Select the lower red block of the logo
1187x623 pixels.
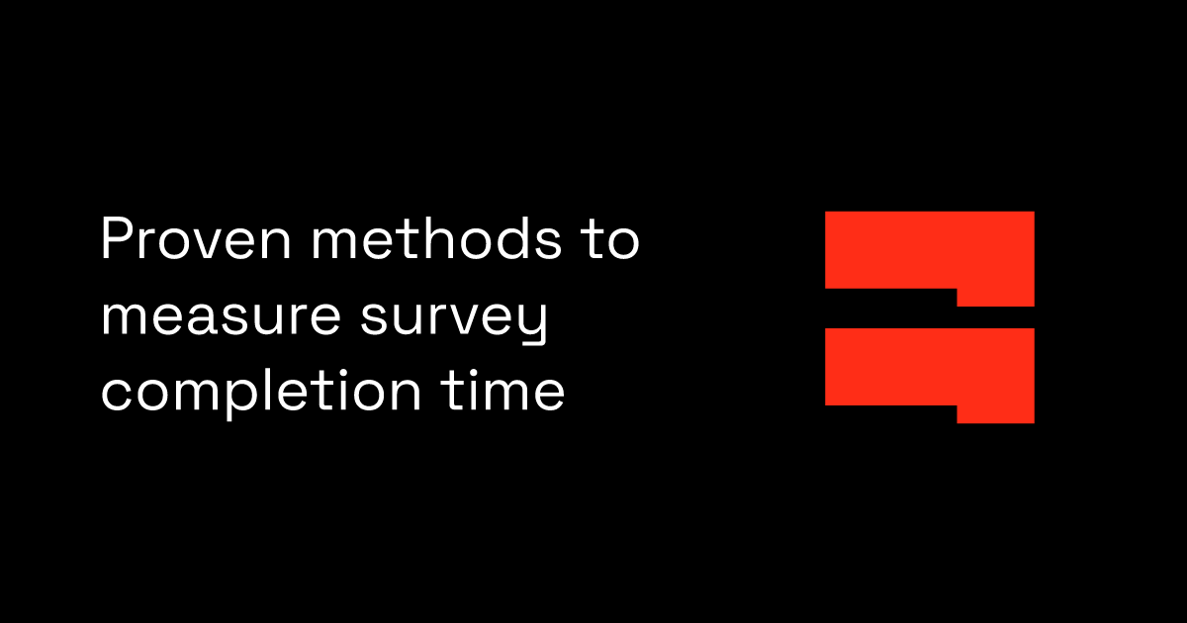(x=929, y=366)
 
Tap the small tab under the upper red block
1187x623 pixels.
(x=995, y=297)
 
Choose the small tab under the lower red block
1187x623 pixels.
(x=995, y=414)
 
